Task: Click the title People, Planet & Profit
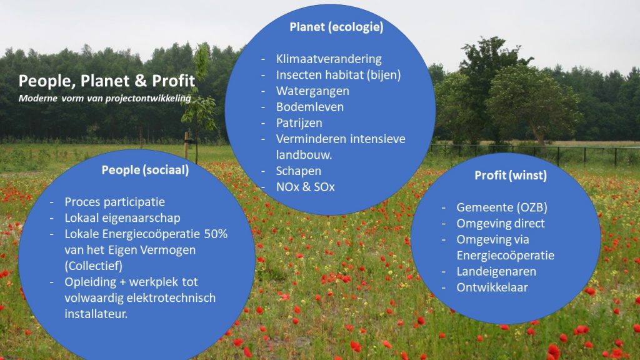click(106, 81)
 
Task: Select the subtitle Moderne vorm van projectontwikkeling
click(104, 98)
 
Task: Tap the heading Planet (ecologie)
click(336, 27)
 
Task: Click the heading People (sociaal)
click(145, 170)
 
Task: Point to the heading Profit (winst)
click(511, 176)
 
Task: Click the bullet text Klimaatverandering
click(329, 59)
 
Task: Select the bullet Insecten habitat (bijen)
click(338, 75)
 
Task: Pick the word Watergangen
click(312, 91)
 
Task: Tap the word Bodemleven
click(310, 107)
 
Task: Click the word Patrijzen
click(299, 123)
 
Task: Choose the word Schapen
click(298, 171)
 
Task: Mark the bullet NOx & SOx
click(305, 187)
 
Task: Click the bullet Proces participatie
click(115, 202)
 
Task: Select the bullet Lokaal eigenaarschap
click(122, 218)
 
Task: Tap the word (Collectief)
click(94, 266)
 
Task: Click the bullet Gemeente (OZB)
click(502, 207)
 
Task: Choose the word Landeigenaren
click(496, 271)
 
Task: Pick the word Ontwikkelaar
click(492, 287)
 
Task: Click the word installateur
click(96, 314)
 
